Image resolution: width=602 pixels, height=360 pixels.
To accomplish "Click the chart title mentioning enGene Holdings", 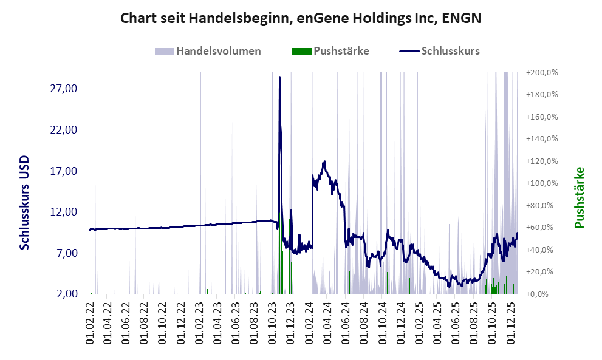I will coord(301,18).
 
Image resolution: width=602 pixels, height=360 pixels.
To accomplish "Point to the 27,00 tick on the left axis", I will coord(63,89).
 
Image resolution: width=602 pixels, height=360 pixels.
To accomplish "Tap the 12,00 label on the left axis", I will coord(63,212).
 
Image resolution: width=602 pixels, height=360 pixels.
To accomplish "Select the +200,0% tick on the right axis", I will coord(542,73).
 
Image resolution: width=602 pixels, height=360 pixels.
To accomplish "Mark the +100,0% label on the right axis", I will coord(542,183).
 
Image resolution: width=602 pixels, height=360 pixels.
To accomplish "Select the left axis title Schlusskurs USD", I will coord(25,202).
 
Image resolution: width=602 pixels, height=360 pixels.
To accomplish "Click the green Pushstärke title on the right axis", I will coord(579,198).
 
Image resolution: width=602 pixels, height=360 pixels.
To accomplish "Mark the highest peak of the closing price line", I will coord(279,78).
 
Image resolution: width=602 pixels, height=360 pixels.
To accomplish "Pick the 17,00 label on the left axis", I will coord(63,171).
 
